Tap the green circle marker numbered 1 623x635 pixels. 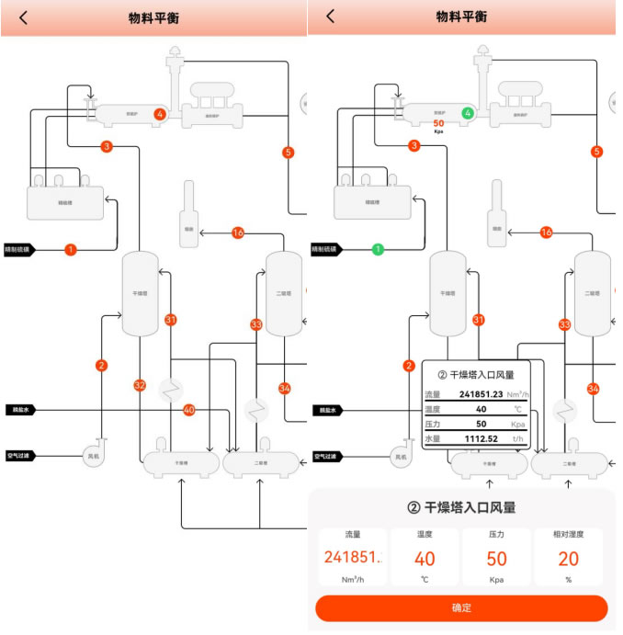tap(377, 249)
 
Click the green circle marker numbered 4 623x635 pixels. tap(468, 113)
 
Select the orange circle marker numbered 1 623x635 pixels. tap(71, 249)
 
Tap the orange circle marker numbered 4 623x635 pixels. tap(160, 114)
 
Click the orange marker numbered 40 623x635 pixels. tap(189, 409)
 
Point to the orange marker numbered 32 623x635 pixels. tap(140, 385)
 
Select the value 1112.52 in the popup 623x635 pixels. tap(481, 438)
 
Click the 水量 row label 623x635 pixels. tap(433, 438)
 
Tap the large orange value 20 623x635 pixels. tap(569, 559)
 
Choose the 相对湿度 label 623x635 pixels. tap(569, 534)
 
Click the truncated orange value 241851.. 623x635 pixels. tap(352, 559)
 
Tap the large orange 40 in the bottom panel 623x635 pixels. tap(425, 559)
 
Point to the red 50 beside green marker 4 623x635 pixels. tap(438, 123)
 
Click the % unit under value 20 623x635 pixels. tap(569, 580)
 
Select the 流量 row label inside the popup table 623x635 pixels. tap(433, 394)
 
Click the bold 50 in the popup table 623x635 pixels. tap(481, 424)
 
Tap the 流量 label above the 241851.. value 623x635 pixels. tap(352, 534)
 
